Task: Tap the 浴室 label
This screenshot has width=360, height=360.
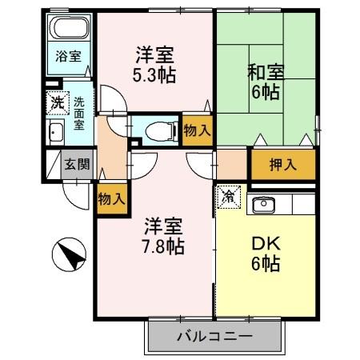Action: [66, 57]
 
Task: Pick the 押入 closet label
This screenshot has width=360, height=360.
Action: [282, 165]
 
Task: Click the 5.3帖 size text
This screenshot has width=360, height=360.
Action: [155, 76]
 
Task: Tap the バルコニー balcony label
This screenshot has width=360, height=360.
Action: [214, 336]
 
